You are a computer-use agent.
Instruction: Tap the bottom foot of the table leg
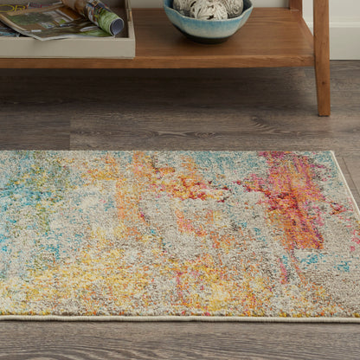[x=323, y=109]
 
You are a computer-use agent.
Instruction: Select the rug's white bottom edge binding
[x=173, y=318]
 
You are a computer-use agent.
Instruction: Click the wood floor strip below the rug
[x=173, y=340]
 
